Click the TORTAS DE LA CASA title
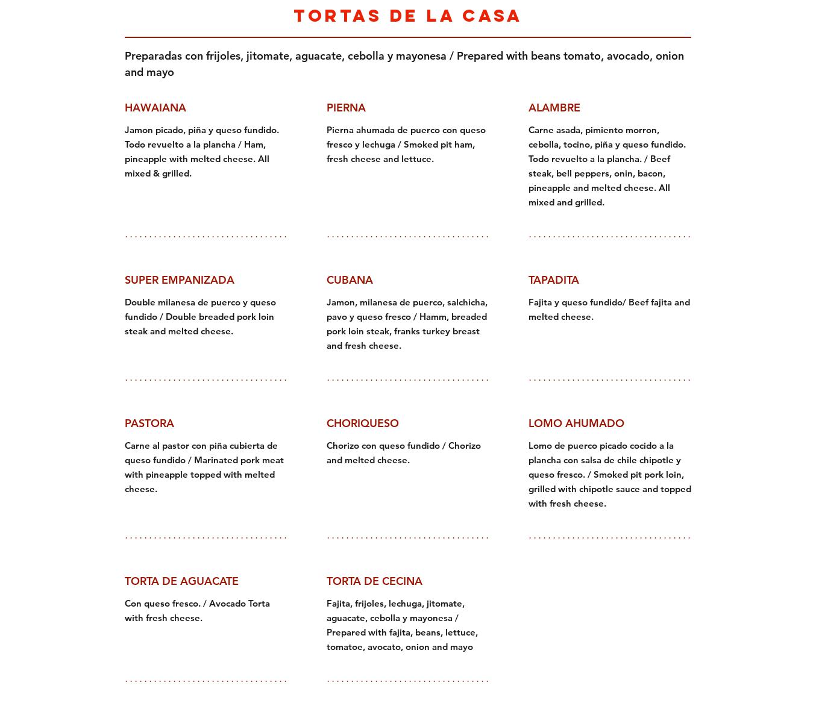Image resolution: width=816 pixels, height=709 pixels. [x=407, y=16]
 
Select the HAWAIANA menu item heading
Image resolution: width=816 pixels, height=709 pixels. [x=155, y=108]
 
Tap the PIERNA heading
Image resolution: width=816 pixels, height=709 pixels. [x=346, y=108]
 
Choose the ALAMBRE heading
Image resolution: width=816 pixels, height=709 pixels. [x=554, y=108]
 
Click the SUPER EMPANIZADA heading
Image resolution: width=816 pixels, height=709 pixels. [x=179, y=280]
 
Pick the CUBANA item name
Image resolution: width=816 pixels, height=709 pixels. [x=350, y=280]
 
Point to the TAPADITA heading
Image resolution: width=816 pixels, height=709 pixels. [x=553, y=280]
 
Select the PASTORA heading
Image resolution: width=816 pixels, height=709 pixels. [x=149, y=423]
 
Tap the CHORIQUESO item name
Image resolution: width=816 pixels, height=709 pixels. [x=362, y=423]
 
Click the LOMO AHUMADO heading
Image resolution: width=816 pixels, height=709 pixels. [x=576, y=423]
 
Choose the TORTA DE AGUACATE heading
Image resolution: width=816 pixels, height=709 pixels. [x=181, y=581]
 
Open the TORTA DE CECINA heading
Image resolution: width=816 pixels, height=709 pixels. [x=374, y=581]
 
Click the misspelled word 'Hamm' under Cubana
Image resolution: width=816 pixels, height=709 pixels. [x=433, y=317]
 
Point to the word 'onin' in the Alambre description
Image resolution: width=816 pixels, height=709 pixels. [x=623, y=173]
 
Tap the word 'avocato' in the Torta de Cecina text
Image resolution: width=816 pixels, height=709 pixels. [x=383, y=647]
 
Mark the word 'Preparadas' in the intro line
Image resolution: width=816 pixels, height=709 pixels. [x=153, y=56]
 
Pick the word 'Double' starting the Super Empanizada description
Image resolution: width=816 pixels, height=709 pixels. [x=140, y=302]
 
